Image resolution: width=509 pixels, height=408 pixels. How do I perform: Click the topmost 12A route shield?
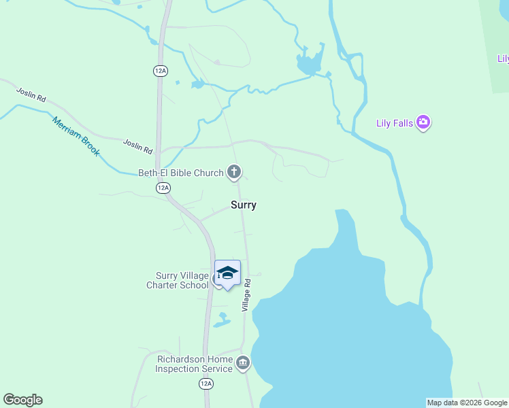coord(161,70)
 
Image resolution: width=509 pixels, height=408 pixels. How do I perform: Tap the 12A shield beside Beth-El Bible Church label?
coord(163,188)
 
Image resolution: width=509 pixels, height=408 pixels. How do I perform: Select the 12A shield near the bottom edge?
coord(206,384)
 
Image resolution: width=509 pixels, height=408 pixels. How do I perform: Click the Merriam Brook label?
coord(76,136)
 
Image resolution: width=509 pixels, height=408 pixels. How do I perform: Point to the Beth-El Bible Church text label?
coord(181,173)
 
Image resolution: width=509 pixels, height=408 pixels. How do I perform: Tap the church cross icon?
coord(234,172)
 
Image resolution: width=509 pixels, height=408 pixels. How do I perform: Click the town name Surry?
coord(244,205)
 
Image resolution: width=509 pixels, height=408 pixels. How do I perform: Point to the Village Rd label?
coord(247,296)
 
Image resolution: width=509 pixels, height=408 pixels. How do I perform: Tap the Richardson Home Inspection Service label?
coord(194,364)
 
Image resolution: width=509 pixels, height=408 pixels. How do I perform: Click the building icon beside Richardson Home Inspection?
coord(243,364)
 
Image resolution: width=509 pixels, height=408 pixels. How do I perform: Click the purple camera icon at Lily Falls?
coord(424,123)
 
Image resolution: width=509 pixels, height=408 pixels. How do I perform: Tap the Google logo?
coord(22,400)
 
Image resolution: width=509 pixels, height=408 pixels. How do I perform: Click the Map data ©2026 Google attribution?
coord(467,403)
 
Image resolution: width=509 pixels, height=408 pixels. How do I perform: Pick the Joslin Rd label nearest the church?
coord(137,145)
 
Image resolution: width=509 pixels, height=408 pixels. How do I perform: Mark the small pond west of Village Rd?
coord(221,320)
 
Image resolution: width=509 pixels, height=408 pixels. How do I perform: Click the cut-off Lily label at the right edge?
coord(502,59)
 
